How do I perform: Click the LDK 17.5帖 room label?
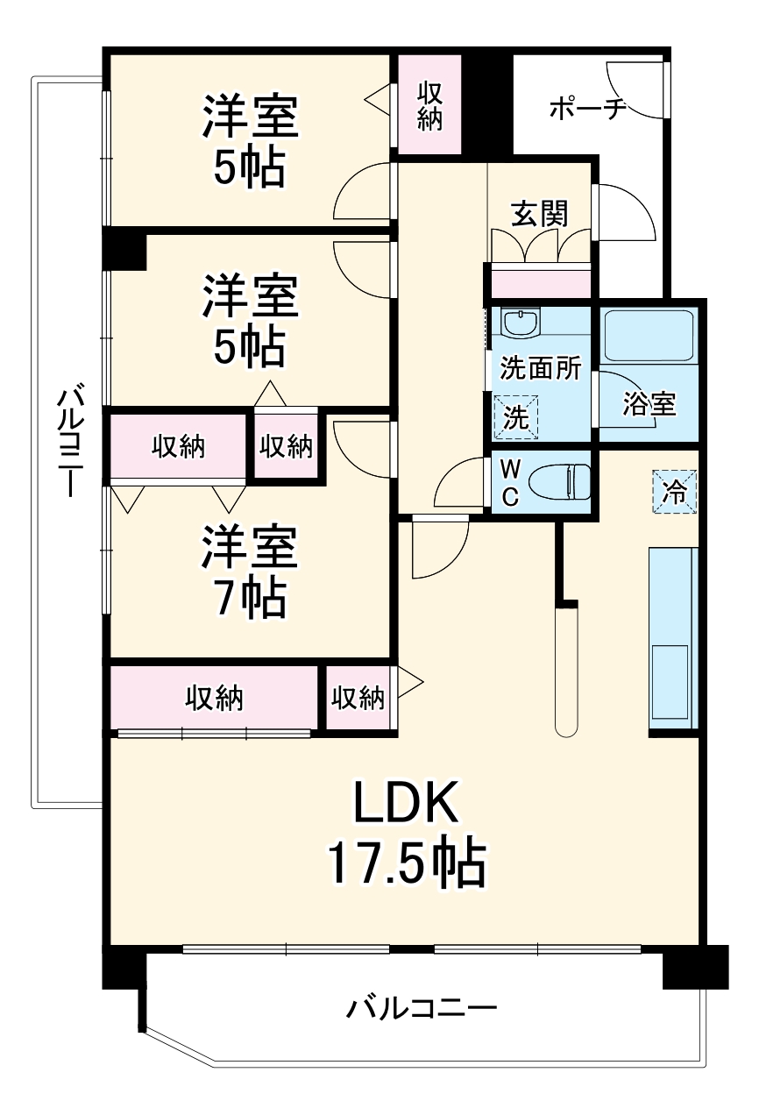tap(406, 833)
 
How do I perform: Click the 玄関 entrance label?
tap(540, 213)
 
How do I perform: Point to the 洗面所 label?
tap(540, 369)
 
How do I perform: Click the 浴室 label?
tap(649, 405)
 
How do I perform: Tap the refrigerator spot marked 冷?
tap(674, 491)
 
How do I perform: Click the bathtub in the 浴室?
tap(649, 335)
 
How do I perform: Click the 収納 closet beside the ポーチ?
tap(429, 105)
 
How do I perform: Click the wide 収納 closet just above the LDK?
tap(214, 698)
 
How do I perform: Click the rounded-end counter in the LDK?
tap(567, 671)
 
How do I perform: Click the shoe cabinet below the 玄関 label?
tap(540, 282)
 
